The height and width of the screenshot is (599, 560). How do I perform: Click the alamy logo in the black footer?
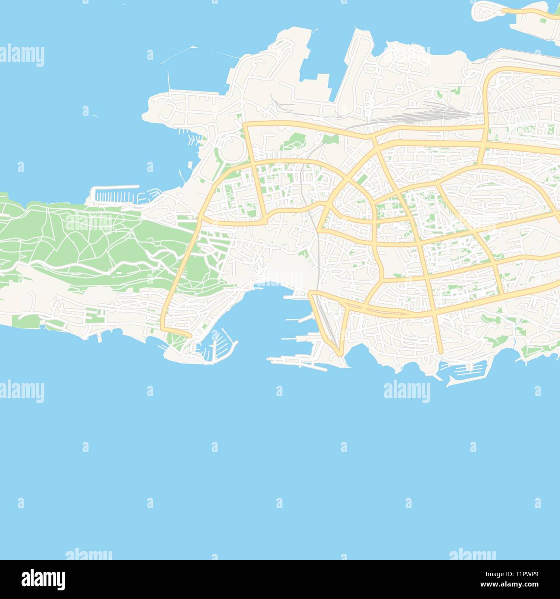pos(43,579)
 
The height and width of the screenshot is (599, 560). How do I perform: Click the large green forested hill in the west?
pos(86,241)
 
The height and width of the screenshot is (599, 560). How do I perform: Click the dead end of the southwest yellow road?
pos(190,335)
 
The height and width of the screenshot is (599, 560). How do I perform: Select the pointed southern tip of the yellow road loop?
pos(341,353)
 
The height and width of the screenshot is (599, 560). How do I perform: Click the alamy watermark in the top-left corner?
pos(22,56)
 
